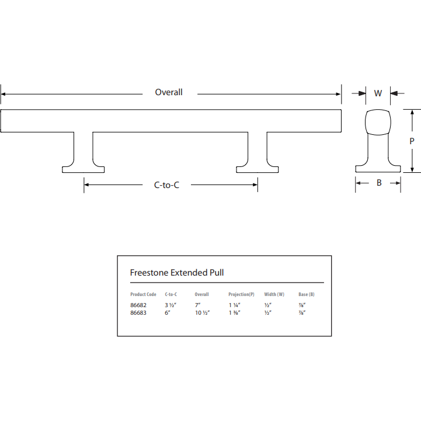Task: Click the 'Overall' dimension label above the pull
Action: pyautogui.click(x=169, y=92)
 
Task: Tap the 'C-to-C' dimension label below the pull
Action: pyautogui.click(x=166, y=185)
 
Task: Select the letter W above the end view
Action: pyautogui.click(x=378, y=93)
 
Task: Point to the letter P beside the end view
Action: pyautogui.click(x=412, y=141)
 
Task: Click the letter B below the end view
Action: pyautogui.click(x=378, y=183)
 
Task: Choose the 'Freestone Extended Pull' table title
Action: pyautogui.click(x=176, y=273)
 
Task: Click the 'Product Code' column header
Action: pyautogui.click(x=143, y=294)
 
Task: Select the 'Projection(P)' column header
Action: pyautogui.click(x=241, y=294)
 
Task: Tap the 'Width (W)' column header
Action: pyautogui.click(x=274, y=294)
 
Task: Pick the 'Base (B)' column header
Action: pyautogui.click(x=307, y=294)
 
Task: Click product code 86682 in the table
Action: pyautogui.click(x=138, y=305)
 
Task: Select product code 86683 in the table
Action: pyautogui.click(x=138, y=312)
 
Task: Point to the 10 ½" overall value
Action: pyautogui.click(x=202, y=312)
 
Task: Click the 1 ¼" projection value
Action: pyautogui.click(x=235, y=305)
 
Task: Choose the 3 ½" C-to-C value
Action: pyautogui.click(x=171, y=305)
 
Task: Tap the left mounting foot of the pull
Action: pyautogui.click(x=83, y=169)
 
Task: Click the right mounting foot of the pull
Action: pyautogui.click(x=258, y=169)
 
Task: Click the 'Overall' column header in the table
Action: pyautogui.click(x=201, y=294)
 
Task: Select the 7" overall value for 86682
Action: pyautogui.click(x=197, y=305)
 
